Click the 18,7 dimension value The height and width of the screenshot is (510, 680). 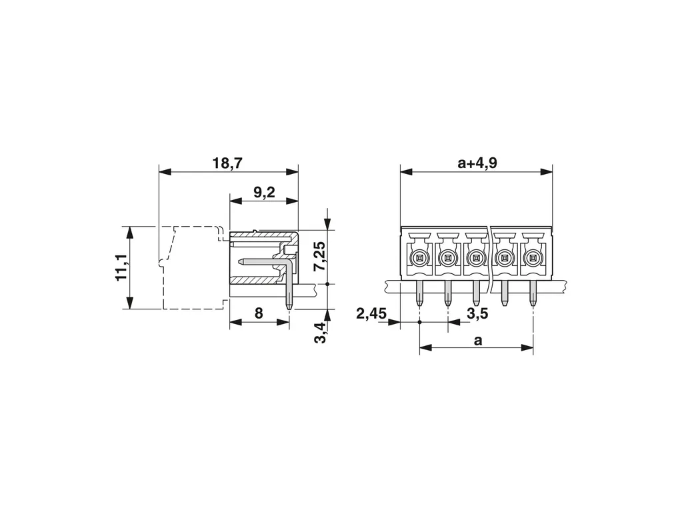pos(228,164)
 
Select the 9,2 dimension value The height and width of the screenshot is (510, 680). pos(264,192)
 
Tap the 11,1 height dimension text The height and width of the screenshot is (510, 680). pos(122,267)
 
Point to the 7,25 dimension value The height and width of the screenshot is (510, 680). pos(321,256)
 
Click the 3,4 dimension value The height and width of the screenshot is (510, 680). pos(321,333)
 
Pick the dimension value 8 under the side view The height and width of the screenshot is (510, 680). pos(259,313)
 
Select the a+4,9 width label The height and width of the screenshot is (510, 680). pos(477,163)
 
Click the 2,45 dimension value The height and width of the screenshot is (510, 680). pos(371,313)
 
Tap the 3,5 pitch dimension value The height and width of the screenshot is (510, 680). pos(477,313)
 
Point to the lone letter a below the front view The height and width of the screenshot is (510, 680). pos(477,341)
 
